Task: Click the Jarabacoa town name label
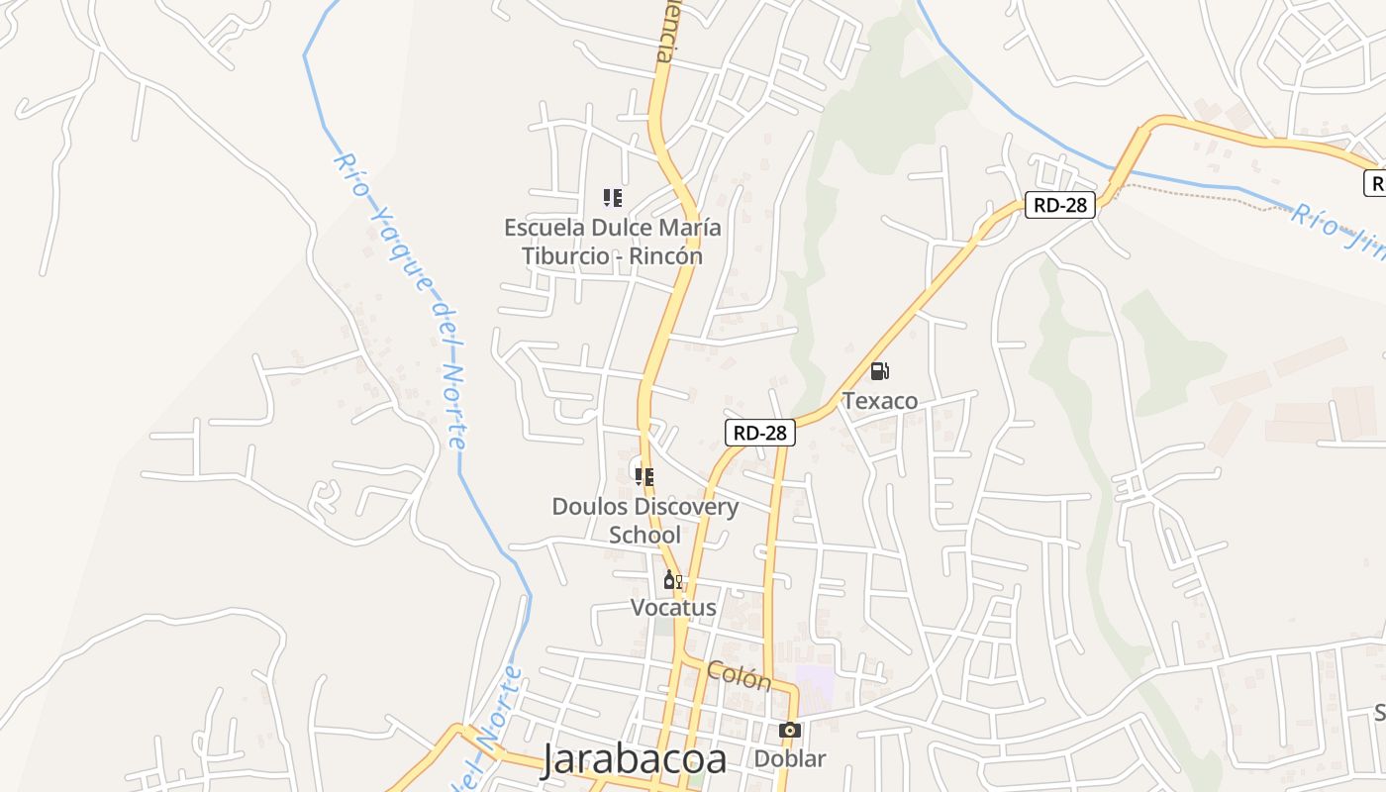(x=635, y=758)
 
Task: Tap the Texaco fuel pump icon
(x=879, y=372)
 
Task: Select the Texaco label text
(x=880, y=401)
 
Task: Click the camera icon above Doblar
(x=789, y=731)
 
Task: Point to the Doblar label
(x=790, y=759)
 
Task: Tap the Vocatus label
(x=673, y=607)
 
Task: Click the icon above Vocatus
(x=672, y=580)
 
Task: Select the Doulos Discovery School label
(x=644, y=521)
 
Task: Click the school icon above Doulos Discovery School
(x=644, y=477)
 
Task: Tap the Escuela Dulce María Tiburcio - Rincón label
(x=613, y=242)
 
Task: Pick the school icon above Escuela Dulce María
(x=613, y=198)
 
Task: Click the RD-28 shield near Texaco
(x=760, y=433)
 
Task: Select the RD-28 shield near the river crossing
(x=1059, y=205)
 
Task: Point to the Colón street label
(x=739, y=676)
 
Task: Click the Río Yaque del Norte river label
(x=401, y=297)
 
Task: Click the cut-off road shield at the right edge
(x=1375, y=183)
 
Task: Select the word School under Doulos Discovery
(x=644, y=535)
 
